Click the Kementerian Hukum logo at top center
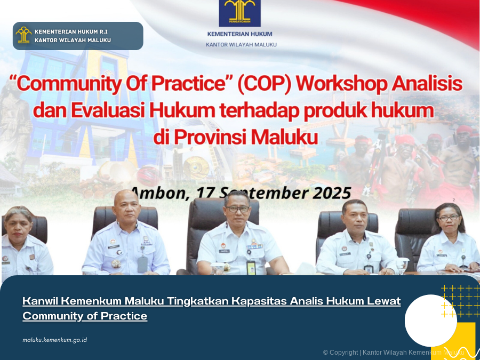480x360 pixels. coord(239,13)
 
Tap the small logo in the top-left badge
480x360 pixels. coord(23,35)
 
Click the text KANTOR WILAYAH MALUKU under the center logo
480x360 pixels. coord(241,45)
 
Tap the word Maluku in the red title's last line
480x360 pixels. coord(284,137)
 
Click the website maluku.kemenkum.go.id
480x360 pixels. coord(55,340)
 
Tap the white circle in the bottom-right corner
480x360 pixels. coord(430,320)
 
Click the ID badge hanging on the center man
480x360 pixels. coord(251,268)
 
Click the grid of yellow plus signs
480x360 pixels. coord(459,301)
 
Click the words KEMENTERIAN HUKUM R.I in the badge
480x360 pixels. coord(71,31)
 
